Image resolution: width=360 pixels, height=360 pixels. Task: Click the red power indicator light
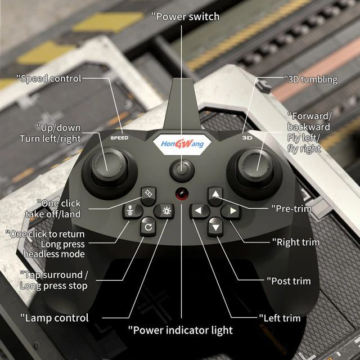point(181,194)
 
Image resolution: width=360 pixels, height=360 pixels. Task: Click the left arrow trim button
point(198,211)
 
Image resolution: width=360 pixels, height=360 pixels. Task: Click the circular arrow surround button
point(147,227)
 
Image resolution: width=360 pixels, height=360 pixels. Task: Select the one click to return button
point(130,211)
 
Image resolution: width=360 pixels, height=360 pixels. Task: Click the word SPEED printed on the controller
point(119,138)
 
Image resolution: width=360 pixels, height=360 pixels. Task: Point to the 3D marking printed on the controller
point(245,137)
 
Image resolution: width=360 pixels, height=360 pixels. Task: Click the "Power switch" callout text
point(186,16)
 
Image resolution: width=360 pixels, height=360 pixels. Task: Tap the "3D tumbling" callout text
point(310,79)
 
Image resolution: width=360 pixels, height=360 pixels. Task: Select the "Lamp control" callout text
point(55,318)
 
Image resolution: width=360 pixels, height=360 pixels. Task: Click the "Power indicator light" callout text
point(180,330)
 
